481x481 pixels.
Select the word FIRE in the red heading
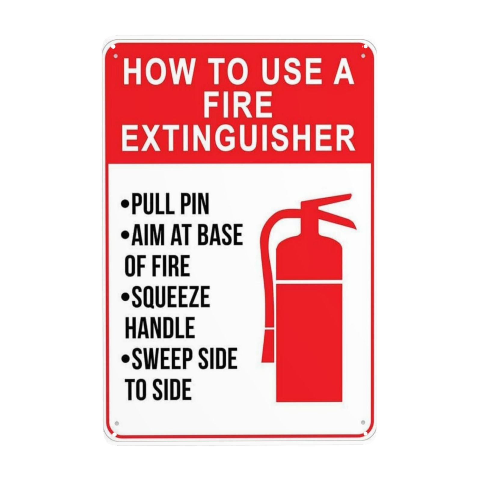tap(238, 105)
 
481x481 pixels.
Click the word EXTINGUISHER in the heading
tap(239, 139)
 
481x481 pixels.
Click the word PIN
tap(195, 205)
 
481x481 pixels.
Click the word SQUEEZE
tap(171, 297)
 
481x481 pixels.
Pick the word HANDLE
tap(160, 328)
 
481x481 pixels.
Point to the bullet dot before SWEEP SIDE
tap(124, 358)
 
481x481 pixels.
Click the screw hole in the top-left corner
tap(115, 56)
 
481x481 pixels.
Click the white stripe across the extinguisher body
tap(309, 283)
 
